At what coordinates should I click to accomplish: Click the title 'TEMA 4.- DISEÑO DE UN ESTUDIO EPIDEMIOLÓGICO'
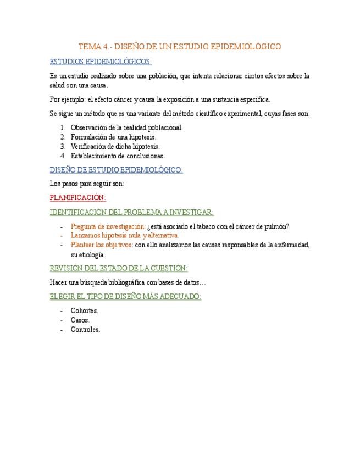180,47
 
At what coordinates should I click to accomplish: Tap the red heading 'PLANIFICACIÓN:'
77,197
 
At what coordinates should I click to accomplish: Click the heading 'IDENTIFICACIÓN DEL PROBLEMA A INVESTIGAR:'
131,212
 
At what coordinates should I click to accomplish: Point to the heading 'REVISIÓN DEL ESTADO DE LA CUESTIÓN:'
119,268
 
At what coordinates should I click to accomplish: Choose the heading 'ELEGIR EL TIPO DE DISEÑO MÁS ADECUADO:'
125,296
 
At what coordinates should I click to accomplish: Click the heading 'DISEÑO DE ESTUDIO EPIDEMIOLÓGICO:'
116,170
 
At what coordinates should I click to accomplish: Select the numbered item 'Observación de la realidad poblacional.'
127,127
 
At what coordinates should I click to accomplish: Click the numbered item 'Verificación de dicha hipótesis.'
115,146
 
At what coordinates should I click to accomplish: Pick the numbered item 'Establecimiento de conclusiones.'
118,156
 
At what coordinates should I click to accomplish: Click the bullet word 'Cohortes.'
85,310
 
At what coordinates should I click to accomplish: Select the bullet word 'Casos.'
80,320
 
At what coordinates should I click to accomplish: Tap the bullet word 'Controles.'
86,330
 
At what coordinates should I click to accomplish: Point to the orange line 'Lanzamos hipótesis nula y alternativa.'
125,235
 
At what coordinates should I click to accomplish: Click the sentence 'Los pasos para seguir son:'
86,184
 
